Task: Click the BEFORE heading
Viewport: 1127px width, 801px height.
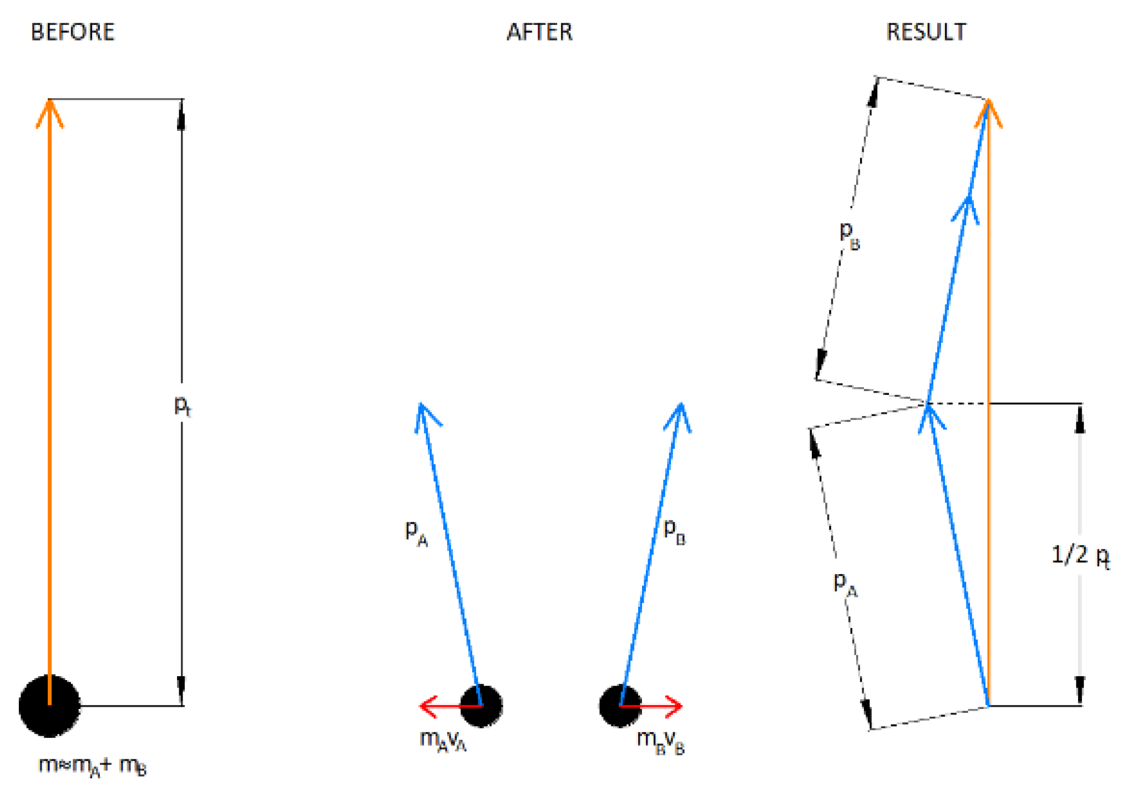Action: pos(73,32)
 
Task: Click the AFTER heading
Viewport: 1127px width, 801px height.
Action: pos(539,32)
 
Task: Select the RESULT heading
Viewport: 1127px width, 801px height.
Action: pos(926,32)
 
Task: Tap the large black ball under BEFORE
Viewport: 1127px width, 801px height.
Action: pos(49,706)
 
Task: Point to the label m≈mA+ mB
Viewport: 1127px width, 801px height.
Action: pos(92,766)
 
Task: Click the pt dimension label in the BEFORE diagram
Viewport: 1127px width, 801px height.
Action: pos(183,406)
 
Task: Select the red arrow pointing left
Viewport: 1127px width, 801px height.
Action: pos(444,706)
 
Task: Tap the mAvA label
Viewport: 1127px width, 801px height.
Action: pos(443,741)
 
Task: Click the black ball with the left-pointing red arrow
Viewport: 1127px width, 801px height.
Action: pos(482,706)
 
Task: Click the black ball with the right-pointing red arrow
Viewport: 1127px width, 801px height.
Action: pos(620,706)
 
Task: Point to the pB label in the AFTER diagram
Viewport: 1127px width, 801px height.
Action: pos(674,531)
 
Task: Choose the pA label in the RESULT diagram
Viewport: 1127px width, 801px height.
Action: pos(845,584)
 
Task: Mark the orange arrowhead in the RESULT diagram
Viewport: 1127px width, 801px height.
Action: pos(988,111)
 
